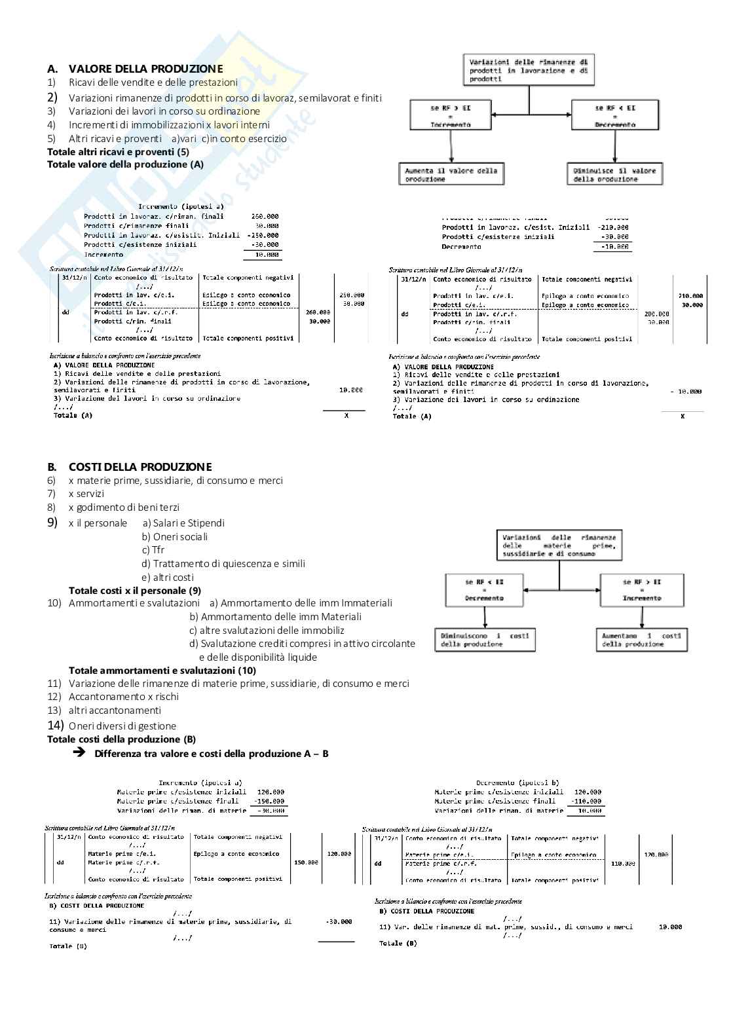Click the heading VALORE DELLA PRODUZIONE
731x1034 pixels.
pos(145,69)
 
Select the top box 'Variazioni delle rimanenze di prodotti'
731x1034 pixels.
pos(529,71)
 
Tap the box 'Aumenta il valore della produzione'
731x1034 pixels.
pos(451,175)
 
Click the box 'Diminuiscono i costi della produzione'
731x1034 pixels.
pos(484,640)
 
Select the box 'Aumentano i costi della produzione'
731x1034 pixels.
pos(643,640)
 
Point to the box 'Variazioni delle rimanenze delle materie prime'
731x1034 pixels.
pos(559,545)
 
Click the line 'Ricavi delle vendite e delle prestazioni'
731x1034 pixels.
pos(153,83)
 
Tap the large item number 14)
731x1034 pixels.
pos(55,725)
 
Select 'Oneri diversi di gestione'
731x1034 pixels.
pos(122,726)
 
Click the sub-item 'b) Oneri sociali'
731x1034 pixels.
pos(175,537)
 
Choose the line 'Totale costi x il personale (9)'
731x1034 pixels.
pos(135,590)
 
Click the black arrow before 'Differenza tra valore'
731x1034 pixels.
pos(80,753)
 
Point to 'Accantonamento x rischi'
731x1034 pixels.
pos(124,697)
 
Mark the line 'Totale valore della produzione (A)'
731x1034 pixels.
pos(125,164)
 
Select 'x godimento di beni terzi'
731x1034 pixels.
pos(124,508)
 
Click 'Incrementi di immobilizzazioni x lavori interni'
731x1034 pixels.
pos(169,125)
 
